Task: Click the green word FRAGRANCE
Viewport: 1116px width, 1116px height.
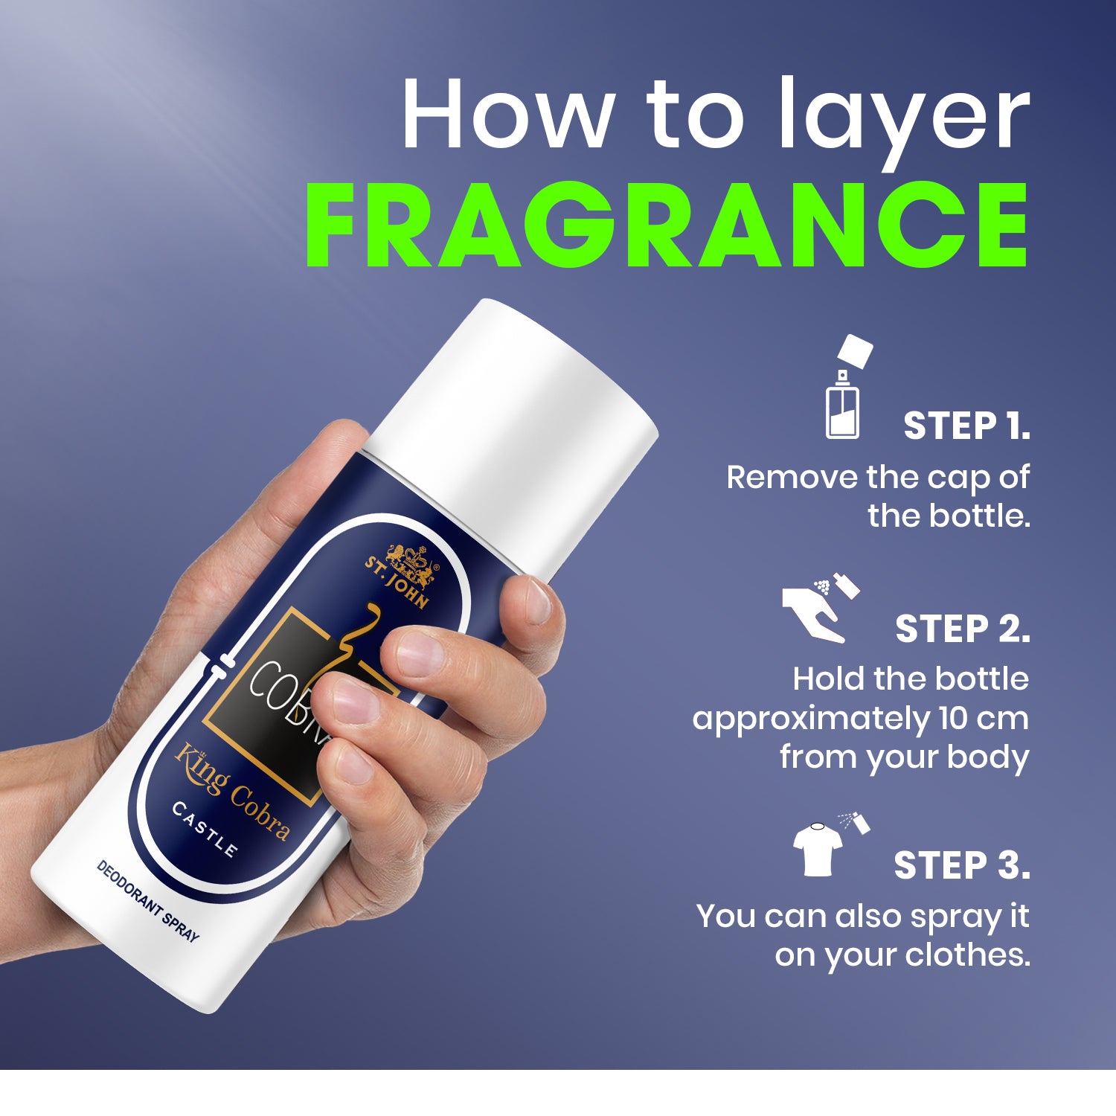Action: coord(667,224)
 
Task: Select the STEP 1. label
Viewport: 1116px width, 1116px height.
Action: coord(966,426)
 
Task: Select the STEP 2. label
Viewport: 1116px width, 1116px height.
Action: coord(963,629)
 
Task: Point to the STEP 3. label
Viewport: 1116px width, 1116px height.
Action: coord(962,865)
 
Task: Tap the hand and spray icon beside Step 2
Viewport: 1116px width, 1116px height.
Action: coord(821,607)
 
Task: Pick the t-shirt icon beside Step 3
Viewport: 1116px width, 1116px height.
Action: coord(818,849)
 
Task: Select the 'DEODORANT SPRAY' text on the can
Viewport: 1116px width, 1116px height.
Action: coord(148,900)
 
